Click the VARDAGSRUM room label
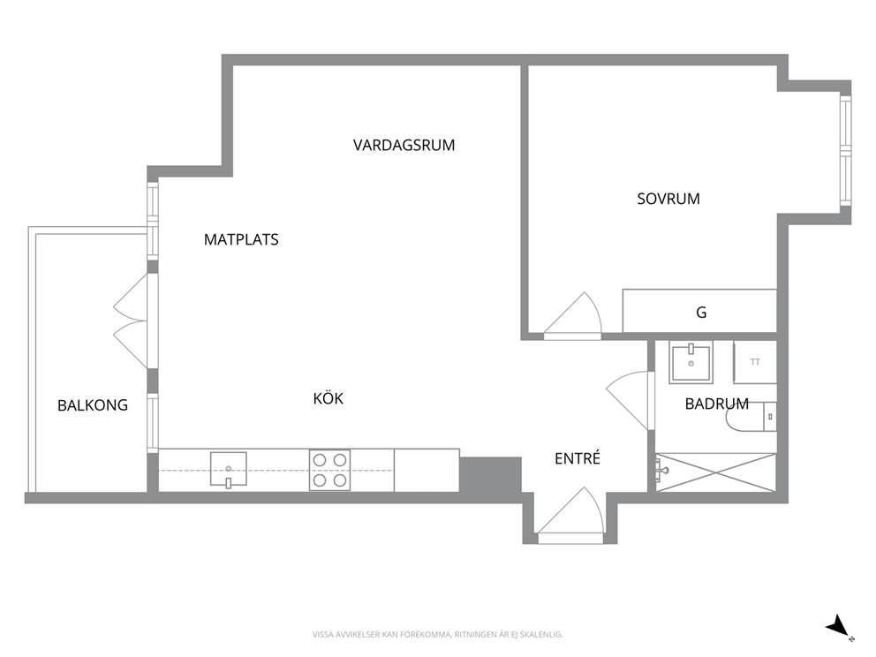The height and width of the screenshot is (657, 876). click(x=404, y=145)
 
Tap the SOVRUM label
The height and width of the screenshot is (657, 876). click(x=668, y=199)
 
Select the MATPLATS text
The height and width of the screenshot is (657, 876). click(x=241, y=239)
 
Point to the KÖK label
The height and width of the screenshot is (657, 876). click(x=328, y=398)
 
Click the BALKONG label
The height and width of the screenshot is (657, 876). click(x=93, y=405)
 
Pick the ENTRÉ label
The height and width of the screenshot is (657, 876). click(x=578, y=458)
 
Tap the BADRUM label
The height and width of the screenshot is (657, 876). click(x=717, y=404)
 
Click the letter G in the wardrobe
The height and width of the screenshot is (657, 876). click(x=701, y=313)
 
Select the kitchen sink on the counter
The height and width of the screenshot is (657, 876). click(x=229, y=470)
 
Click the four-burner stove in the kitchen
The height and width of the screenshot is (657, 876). click(x=329, y=471)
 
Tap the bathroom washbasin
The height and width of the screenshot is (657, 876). click(x=691, y=362)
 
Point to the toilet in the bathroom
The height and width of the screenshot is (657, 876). click(x=751, y=417)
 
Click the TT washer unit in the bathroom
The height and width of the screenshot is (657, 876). click(x=755, y=362)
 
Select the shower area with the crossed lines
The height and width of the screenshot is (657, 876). click(x=715, y=472)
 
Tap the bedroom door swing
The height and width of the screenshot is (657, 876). click(x=571, y=314)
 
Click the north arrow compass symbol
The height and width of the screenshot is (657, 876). click(x=839, y=627)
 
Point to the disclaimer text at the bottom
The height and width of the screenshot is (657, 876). click(x=437, y=635)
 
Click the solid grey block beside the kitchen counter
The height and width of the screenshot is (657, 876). click(x=490, y=475)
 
